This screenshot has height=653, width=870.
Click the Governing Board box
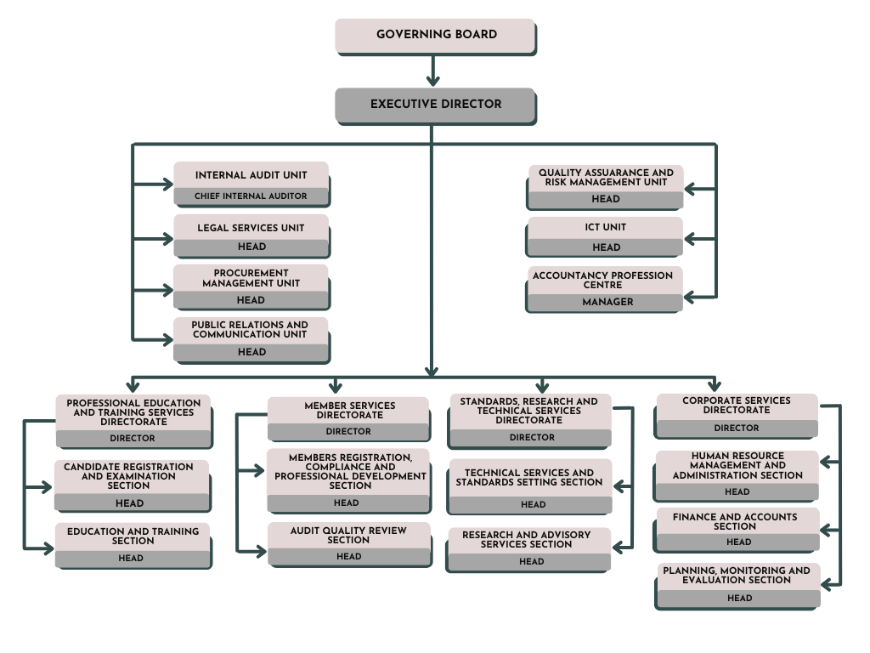[x=435, y=35]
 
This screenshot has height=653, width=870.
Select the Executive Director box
[x=435, y=105]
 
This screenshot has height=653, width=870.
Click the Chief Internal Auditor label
[x=251, y=196]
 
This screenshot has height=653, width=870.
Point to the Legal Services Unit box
[x=251, y=236]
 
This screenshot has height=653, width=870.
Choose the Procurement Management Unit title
[x=251, y=278]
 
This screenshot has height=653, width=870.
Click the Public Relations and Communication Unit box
[x=251, y=338]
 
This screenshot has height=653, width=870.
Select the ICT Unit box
[x=605, y=236]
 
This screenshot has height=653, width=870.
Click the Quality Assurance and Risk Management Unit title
[x=606, y=177]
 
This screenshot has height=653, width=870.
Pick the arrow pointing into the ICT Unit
[x=698, y=241]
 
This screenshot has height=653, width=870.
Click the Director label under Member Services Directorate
[x=348, y=432]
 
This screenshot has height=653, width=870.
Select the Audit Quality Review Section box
[x=348, y=543]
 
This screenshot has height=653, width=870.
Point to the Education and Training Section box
[x=133, y=544]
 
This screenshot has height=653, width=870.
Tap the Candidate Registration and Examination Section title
[x=128, y=476]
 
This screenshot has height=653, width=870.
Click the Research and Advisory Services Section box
[x=528, y=548]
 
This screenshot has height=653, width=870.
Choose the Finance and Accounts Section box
[x=737, y=529]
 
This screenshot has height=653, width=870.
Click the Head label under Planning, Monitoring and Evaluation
[x=739, y=599]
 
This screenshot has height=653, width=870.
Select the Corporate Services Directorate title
[x=737, y=405]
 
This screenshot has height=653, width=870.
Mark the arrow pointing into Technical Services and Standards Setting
[x=623, y=487]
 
